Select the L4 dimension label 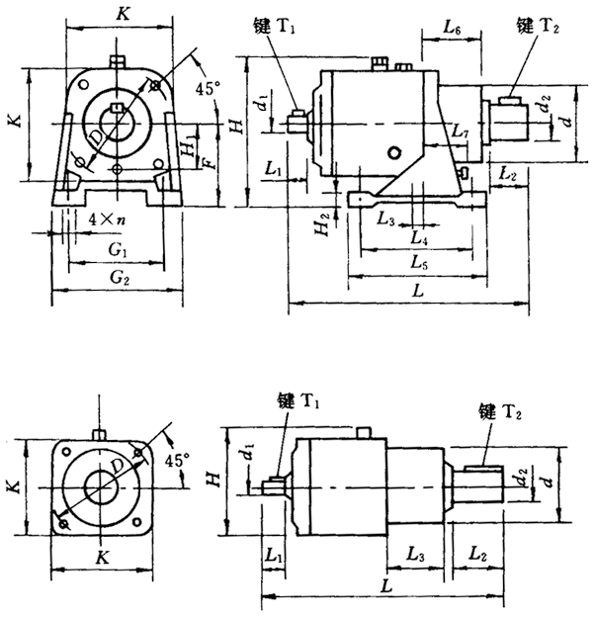pos(419,238)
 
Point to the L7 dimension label pos(459,132)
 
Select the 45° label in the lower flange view pos(179,460)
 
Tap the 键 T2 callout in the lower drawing pos(498,409)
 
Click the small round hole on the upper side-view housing pos(395,151)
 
